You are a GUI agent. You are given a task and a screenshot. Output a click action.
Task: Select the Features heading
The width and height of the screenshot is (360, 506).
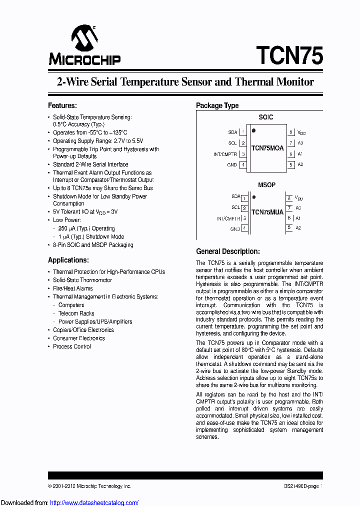click(62, 105)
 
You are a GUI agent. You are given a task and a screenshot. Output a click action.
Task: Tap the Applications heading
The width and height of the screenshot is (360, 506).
click(68, 260)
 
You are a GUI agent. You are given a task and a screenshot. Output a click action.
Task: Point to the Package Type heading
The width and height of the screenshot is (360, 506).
click(217, 105)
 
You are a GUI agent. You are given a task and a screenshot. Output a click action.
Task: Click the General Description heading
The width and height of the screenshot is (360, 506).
click(227, 251)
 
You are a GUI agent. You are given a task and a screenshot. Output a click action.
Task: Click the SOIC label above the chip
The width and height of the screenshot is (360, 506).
click(266, 117)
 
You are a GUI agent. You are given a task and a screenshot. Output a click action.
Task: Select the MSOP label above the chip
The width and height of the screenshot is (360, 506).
click(266, 185)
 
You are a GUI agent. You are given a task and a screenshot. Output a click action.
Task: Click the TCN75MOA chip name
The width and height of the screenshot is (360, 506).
click(267, 148)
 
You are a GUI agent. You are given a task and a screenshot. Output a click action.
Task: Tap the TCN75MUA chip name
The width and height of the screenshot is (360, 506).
click(267, 212)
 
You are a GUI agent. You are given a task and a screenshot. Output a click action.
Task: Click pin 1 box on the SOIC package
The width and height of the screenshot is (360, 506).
click(243, 132)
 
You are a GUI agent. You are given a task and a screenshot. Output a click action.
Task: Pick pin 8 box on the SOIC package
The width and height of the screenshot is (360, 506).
click(290, 132)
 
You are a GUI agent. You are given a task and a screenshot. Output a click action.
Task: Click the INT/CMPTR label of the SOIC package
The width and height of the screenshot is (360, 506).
click(225, 154)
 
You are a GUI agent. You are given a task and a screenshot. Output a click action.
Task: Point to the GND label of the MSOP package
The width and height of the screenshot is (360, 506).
click(235, 229)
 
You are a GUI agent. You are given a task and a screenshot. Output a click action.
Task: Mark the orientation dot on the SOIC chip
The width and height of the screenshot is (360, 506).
click(254, 131)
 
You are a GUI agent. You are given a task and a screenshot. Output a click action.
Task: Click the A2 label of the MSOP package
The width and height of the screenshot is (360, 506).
click(298, 228)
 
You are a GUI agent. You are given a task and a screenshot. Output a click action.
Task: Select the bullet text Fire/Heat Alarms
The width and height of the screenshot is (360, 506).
click(73, 288)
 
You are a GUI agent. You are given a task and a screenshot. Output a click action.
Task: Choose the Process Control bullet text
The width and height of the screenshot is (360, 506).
click(72, 346)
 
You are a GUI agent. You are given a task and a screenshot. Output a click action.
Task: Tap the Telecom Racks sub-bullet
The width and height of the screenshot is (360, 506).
click(76, 313)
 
